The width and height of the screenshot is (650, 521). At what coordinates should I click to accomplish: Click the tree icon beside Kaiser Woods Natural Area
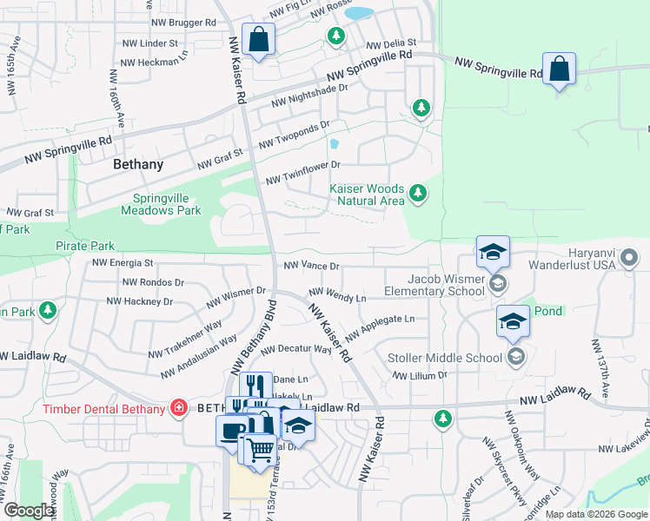418,193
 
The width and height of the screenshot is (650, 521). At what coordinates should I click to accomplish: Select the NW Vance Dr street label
311,267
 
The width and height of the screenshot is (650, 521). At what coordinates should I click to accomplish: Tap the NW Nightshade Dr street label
309,95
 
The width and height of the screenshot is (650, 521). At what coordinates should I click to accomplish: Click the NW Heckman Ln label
154,63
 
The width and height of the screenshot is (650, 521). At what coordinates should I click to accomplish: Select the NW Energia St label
123,262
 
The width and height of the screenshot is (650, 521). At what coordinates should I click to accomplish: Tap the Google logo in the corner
28,511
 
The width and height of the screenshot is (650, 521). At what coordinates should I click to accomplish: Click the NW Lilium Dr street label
419,376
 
